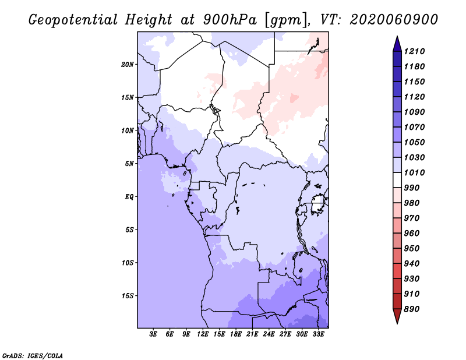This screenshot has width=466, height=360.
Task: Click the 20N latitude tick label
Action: point(128,64)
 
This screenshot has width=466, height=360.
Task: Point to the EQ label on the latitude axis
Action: point(129,197)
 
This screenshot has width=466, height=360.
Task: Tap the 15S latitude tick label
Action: point(128,296)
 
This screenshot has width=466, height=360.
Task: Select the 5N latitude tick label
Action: point(129,164)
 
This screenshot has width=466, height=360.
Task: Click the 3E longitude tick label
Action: point(154,334)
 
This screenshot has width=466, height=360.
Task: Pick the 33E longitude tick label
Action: point(319,334)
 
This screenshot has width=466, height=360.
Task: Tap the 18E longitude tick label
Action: point(236,334)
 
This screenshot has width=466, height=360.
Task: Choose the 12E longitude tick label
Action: point(203,334)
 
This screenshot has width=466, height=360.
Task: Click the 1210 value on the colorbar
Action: point(416,51)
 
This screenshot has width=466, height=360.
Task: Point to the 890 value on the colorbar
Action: point(414,309)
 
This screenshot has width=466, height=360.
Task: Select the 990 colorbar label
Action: point(414,188)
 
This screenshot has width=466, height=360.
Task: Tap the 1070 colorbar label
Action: point(416,127)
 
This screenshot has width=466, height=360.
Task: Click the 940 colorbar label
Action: point(414,263)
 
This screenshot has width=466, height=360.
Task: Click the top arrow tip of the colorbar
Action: point(397,38)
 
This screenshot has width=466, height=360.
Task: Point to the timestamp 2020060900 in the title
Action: point(394,19)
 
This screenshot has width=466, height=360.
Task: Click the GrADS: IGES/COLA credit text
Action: point(32,355)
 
